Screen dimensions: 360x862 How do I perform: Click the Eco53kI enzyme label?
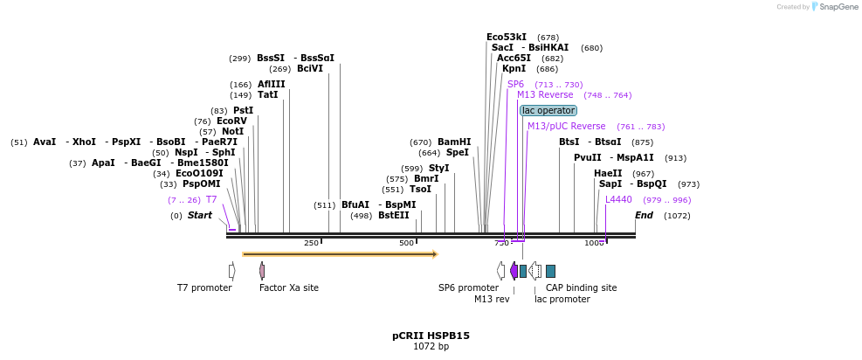[507, 37]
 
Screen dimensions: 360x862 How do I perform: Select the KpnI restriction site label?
[514, 68]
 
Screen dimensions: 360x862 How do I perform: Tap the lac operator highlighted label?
[548, 111]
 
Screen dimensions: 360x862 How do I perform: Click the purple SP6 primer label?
[515, 85]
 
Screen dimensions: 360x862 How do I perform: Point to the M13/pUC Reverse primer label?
[566, 127]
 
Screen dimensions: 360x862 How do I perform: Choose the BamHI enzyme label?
[454, 142]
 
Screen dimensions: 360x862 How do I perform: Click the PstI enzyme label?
[243, 111]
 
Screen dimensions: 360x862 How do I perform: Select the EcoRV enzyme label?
[231, 121]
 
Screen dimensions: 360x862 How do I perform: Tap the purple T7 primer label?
[211, 200]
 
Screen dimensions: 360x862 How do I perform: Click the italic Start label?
[199, 216]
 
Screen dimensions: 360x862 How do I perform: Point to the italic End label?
[644, 216]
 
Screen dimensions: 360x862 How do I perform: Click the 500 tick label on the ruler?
[407, 243]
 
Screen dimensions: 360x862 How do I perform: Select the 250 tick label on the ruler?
[312, 243]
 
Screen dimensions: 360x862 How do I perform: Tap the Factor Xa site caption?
[289, 287]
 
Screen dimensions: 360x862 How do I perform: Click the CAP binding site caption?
[581, 287]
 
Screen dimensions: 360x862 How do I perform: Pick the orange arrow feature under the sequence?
[340, 254]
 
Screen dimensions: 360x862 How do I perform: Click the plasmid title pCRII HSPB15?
[431, 336]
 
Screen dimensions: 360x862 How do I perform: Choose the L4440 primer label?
[618, 200]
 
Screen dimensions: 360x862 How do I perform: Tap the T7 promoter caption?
[204, 287]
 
